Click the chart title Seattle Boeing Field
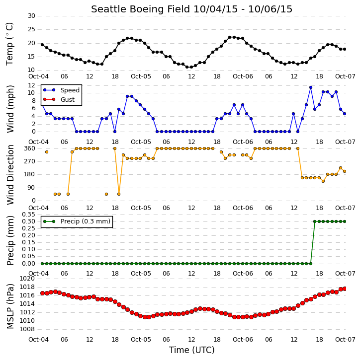pos(140,9)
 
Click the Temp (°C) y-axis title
pos(9,44)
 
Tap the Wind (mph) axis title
pos(10,109)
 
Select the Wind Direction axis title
pos(10,174)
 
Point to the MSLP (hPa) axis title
pos(10,306)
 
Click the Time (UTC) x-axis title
pos(192,350)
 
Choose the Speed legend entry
pos(61,90)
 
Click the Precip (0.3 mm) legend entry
pos(77,221)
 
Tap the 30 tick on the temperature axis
pos(31,16)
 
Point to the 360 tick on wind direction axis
pos(30,148)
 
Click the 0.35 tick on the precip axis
pos(28,215)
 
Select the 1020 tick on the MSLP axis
pos(27,279)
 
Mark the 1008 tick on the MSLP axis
pos(27,329)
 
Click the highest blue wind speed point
pos(311,87)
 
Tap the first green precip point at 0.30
pos(315,221)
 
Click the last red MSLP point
pos(345,288)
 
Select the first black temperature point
pos(42,45)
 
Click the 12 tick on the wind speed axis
pos(31,85)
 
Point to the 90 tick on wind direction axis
pos(31,188)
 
